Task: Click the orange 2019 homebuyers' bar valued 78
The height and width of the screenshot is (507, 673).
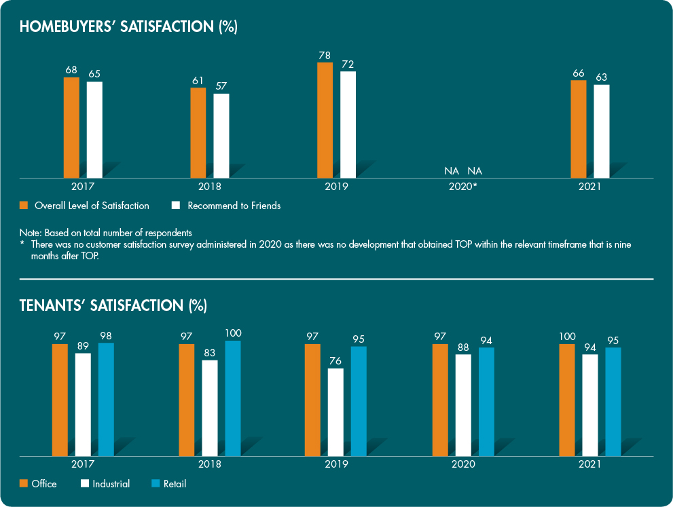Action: point(325,120)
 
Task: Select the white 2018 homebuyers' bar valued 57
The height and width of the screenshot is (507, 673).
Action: point(221,136)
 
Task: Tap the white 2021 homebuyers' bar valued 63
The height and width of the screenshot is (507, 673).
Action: point(602,131)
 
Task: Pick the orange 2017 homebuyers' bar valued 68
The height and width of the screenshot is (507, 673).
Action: point(71,128)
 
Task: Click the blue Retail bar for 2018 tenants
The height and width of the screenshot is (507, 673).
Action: point(233,398)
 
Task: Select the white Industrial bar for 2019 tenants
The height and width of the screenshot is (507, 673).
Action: point(335,412)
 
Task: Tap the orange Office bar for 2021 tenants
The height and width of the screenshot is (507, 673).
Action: point(567,400)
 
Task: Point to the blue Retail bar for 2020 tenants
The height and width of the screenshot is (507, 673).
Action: point(486,401)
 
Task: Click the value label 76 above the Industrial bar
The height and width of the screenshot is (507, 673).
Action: point(335,360)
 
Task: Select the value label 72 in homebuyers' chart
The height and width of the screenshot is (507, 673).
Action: point(348,64)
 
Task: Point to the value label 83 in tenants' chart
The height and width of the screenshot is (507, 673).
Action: point(210,352)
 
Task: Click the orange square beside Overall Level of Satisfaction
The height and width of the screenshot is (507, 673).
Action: point(24,205)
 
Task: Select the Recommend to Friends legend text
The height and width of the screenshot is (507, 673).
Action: point(234,206)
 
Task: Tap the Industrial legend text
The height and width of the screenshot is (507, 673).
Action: point(111,484)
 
